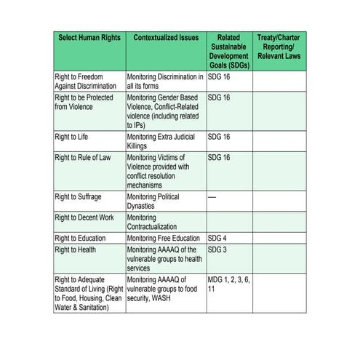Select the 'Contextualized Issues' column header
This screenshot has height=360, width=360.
(x=166, y=37)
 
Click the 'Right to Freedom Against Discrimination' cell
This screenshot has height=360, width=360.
(x=85, y=81)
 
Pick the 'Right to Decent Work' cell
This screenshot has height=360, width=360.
(x=84, y=217)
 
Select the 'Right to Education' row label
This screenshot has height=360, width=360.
(x=81, y=238)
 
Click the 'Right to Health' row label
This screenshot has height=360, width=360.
(x=76, y=249)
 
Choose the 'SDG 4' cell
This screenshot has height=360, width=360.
(x=219, y=238)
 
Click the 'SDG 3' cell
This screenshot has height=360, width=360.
(x=219, y=249)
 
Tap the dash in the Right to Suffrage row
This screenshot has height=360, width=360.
(x=212, y=197)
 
